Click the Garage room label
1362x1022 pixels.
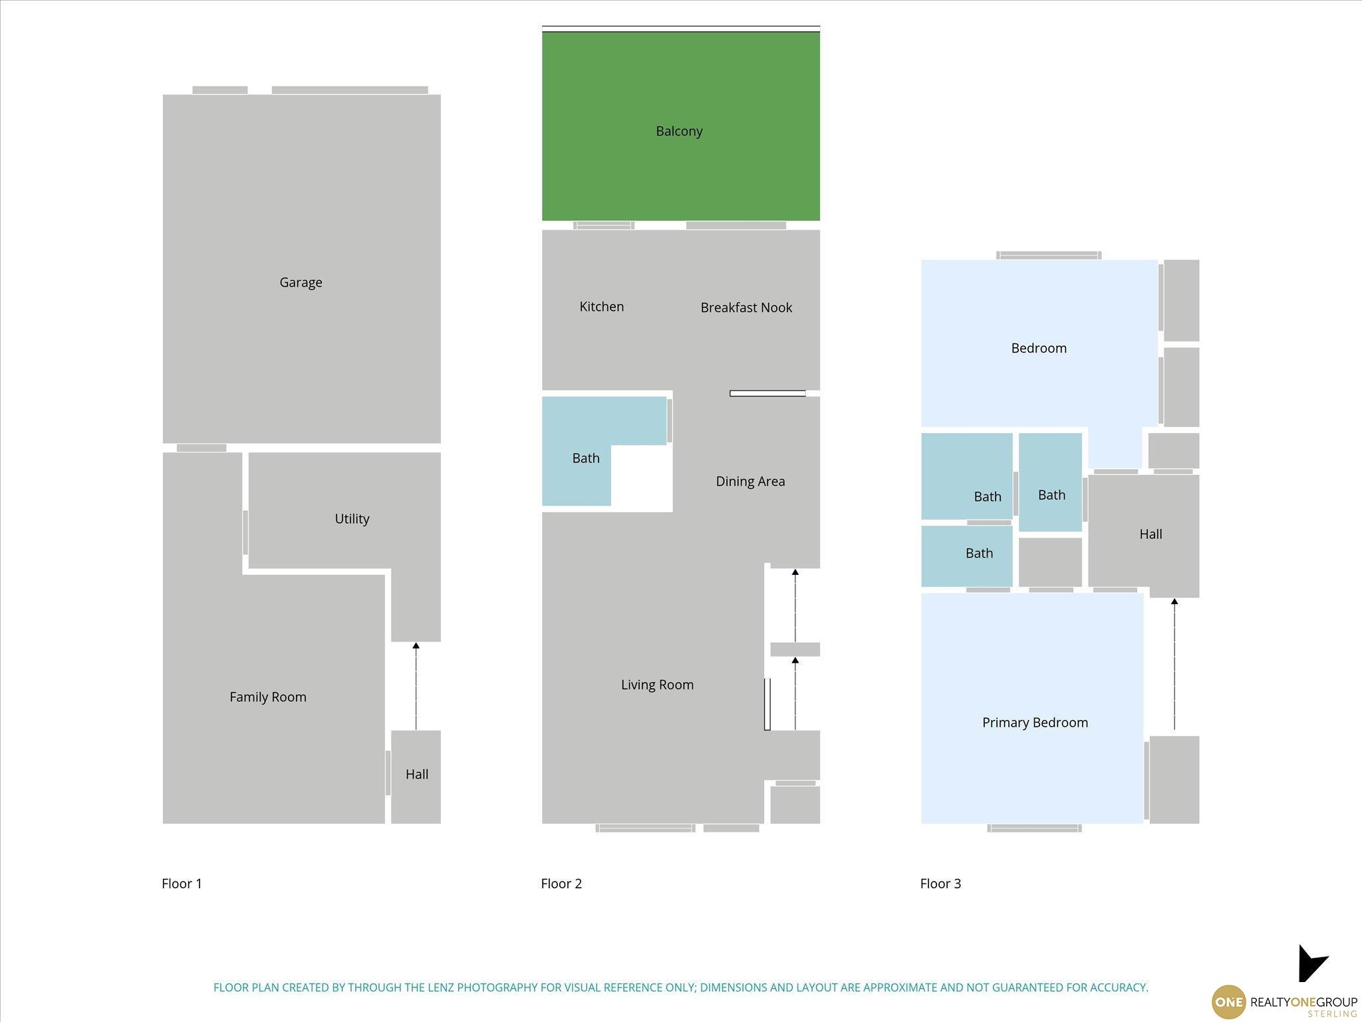tap(301, 283)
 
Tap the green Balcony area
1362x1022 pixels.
tap(680, 126)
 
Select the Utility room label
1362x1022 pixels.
tap(352, 519)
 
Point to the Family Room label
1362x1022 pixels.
tap(268, 697)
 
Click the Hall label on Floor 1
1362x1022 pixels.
tap(417, 774)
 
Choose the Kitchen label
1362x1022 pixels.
tap(601, 307)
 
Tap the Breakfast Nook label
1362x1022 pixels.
tap(746, 307)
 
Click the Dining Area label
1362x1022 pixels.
tap(750, 482)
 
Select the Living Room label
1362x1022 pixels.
tap(657, 685)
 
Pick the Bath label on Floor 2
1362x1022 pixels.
tap(586, 458)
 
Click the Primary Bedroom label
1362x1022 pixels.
tap(1035, 723)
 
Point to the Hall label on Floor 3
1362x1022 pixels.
tap(1151, 534)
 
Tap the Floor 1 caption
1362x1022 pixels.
tap(182, 884)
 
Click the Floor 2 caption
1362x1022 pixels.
tap(561, 884)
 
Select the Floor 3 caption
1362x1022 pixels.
tap(940, 884)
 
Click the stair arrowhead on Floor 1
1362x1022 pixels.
tap(416, 645)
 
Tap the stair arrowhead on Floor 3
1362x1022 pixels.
tap(1174, 601)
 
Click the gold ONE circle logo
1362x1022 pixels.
tap(1228, 1002)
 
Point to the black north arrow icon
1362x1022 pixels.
tap(1311, 964)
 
